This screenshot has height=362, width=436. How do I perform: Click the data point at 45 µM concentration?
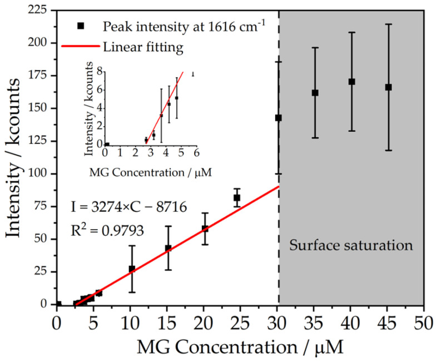(388, 87)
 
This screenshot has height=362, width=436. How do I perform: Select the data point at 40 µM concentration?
(351, 82)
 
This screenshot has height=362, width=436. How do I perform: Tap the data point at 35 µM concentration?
(315, 93)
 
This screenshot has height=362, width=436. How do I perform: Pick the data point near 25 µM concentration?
(236, 197)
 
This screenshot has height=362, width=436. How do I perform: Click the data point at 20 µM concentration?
(205, 229)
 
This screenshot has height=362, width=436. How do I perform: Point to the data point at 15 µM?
(168, 248)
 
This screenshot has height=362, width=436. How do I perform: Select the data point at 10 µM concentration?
(132, 269)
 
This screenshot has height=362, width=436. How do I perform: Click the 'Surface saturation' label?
(351, 245)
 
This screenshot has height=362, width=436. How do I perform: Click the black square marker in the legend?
(81, 26)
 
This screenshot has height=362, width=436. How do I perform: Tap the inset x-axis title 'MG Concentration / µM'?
(150, 172)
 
